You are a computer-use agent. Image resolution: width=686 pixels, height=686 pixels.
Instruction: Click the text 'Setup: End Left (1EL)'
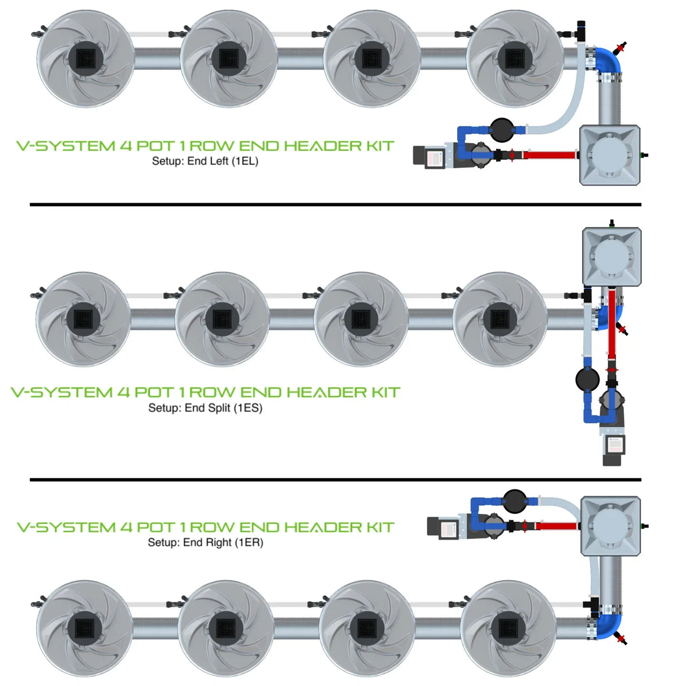pyautogui.click(x=205, y=161)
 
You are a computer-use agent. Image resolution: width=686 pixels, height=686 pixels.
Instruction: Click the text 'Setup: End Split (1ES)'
pyautogui.click(x=205, y=408)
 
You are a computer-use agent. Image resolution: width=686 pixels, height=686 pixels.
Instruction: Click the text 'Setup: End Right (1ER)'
pyautogui.click(x=205, y=542)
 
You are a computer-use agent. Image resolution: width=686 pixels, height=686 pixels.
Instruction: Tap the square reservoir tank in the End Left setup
pyautogui.click(x=610, y=155)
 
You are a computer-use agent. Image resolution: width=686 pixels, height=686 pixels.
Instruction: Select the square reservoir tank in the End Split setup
pyautogui.click(x=611, y=257)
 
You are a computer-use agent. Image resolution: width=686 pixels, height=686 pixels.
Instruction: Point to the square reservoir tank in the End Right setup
pyautogui.click(x=610, y=526)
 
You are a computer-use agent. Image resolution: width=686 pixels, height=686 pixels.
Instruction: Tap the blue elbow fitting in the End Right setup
pyautogui.click(x=609, y=625)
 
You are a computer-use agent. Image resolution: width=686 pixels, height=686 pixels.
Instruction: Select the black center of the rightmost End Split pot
pyautogui.click(x=500, y=319)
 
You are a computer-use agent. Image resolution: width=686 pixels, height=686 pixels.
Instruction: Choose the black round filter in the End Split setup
pyautogui.click(x=587, y=379)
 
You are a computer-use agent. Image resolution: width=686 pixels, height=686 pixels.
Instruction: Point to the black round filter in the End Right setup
pyautogui.click(x=514, y=500)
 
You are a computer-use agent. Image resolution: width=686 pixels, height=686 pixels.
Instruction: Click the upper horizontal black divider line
pyautogui.click(x=335, y=205)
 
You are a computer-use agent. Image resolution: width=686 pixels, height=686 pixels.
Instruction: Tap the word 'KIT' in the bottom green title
pyautogui.click(x=380, y=527)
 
